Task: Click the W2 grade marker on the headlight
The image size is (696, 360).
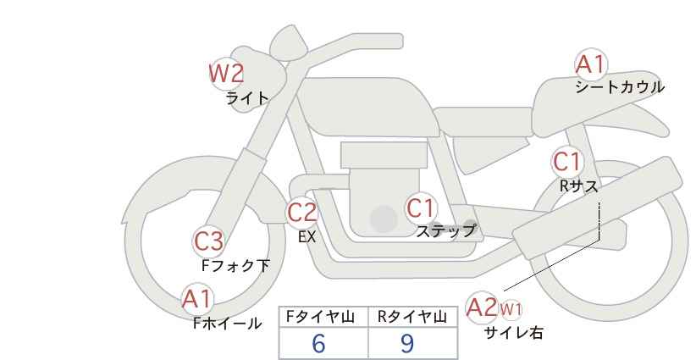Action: pyautogui.click(x=226, y=74)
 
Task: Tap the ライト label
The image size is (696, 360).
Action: pyautogui.click(x=247, y=98)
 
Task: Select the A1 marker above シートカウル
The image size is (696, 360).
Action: pyautogui.click(x=591, y=64)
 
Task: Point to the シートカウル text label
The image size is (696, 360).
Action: pyautogui.click(x=620, y=87)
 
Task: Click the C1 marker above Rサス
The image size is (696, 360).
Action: pyautogui.click(x=566, y=162)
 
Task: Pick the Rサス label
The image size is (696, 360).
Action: pyautogui.click(x=578, y=186)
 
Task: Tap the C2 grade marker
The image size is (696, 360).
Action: pyautogui.click(x=301, y=213)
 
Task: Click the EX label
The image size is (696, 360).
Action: pyautogui.click(x=307, y=237)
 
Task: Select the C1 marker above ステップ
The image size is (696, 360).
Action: pyautogui.click(x=421, y=208)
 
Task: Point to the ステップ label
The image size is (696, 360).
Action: pyautogui.click(x=445, y=231)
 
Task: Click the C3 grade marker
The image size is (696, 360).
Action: pyautogui.click(x=208, y=242)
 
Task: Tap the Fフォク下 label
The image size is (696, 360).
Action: pyautogui.click(x=235, y=266)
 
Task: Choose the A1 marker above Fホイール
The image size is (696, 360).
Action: pyautogui.click(x=198, y=300)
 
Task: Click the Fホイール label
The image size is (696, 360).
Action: pyautogui.click(x=227, y=324)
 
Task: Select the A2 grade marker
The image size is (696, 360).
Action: pyautogui.click(x=482, y=307)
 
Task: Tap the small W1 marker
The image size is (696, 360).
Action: pyautogui.click(x=511, y=309)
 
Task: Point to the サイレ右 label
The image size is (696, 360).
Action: pyautogui.click(x=513, y=333)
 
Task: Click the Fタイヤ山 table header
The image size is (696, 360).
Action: pyautogui.click(x=320, y=317)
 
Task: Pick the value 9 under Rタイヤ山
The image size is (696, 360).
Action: pyautogui.click(x=406, y=343)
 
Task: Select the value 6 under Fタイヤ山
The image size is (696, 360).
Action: pyautogui.click(x=318, y=343)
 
